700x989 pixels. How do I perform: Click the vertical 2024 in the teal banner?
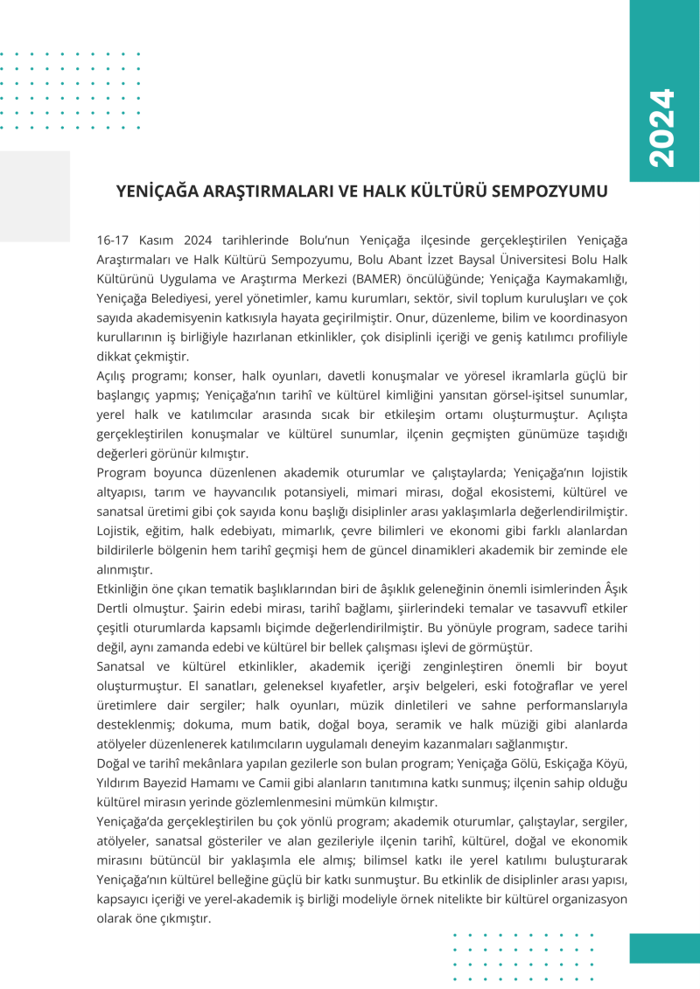(x=663, y=128)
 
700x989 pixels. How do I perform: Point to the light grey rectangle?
(x=35, y=196)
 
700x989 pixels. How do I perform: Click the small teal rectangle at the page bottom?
(x=664, y=948)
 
